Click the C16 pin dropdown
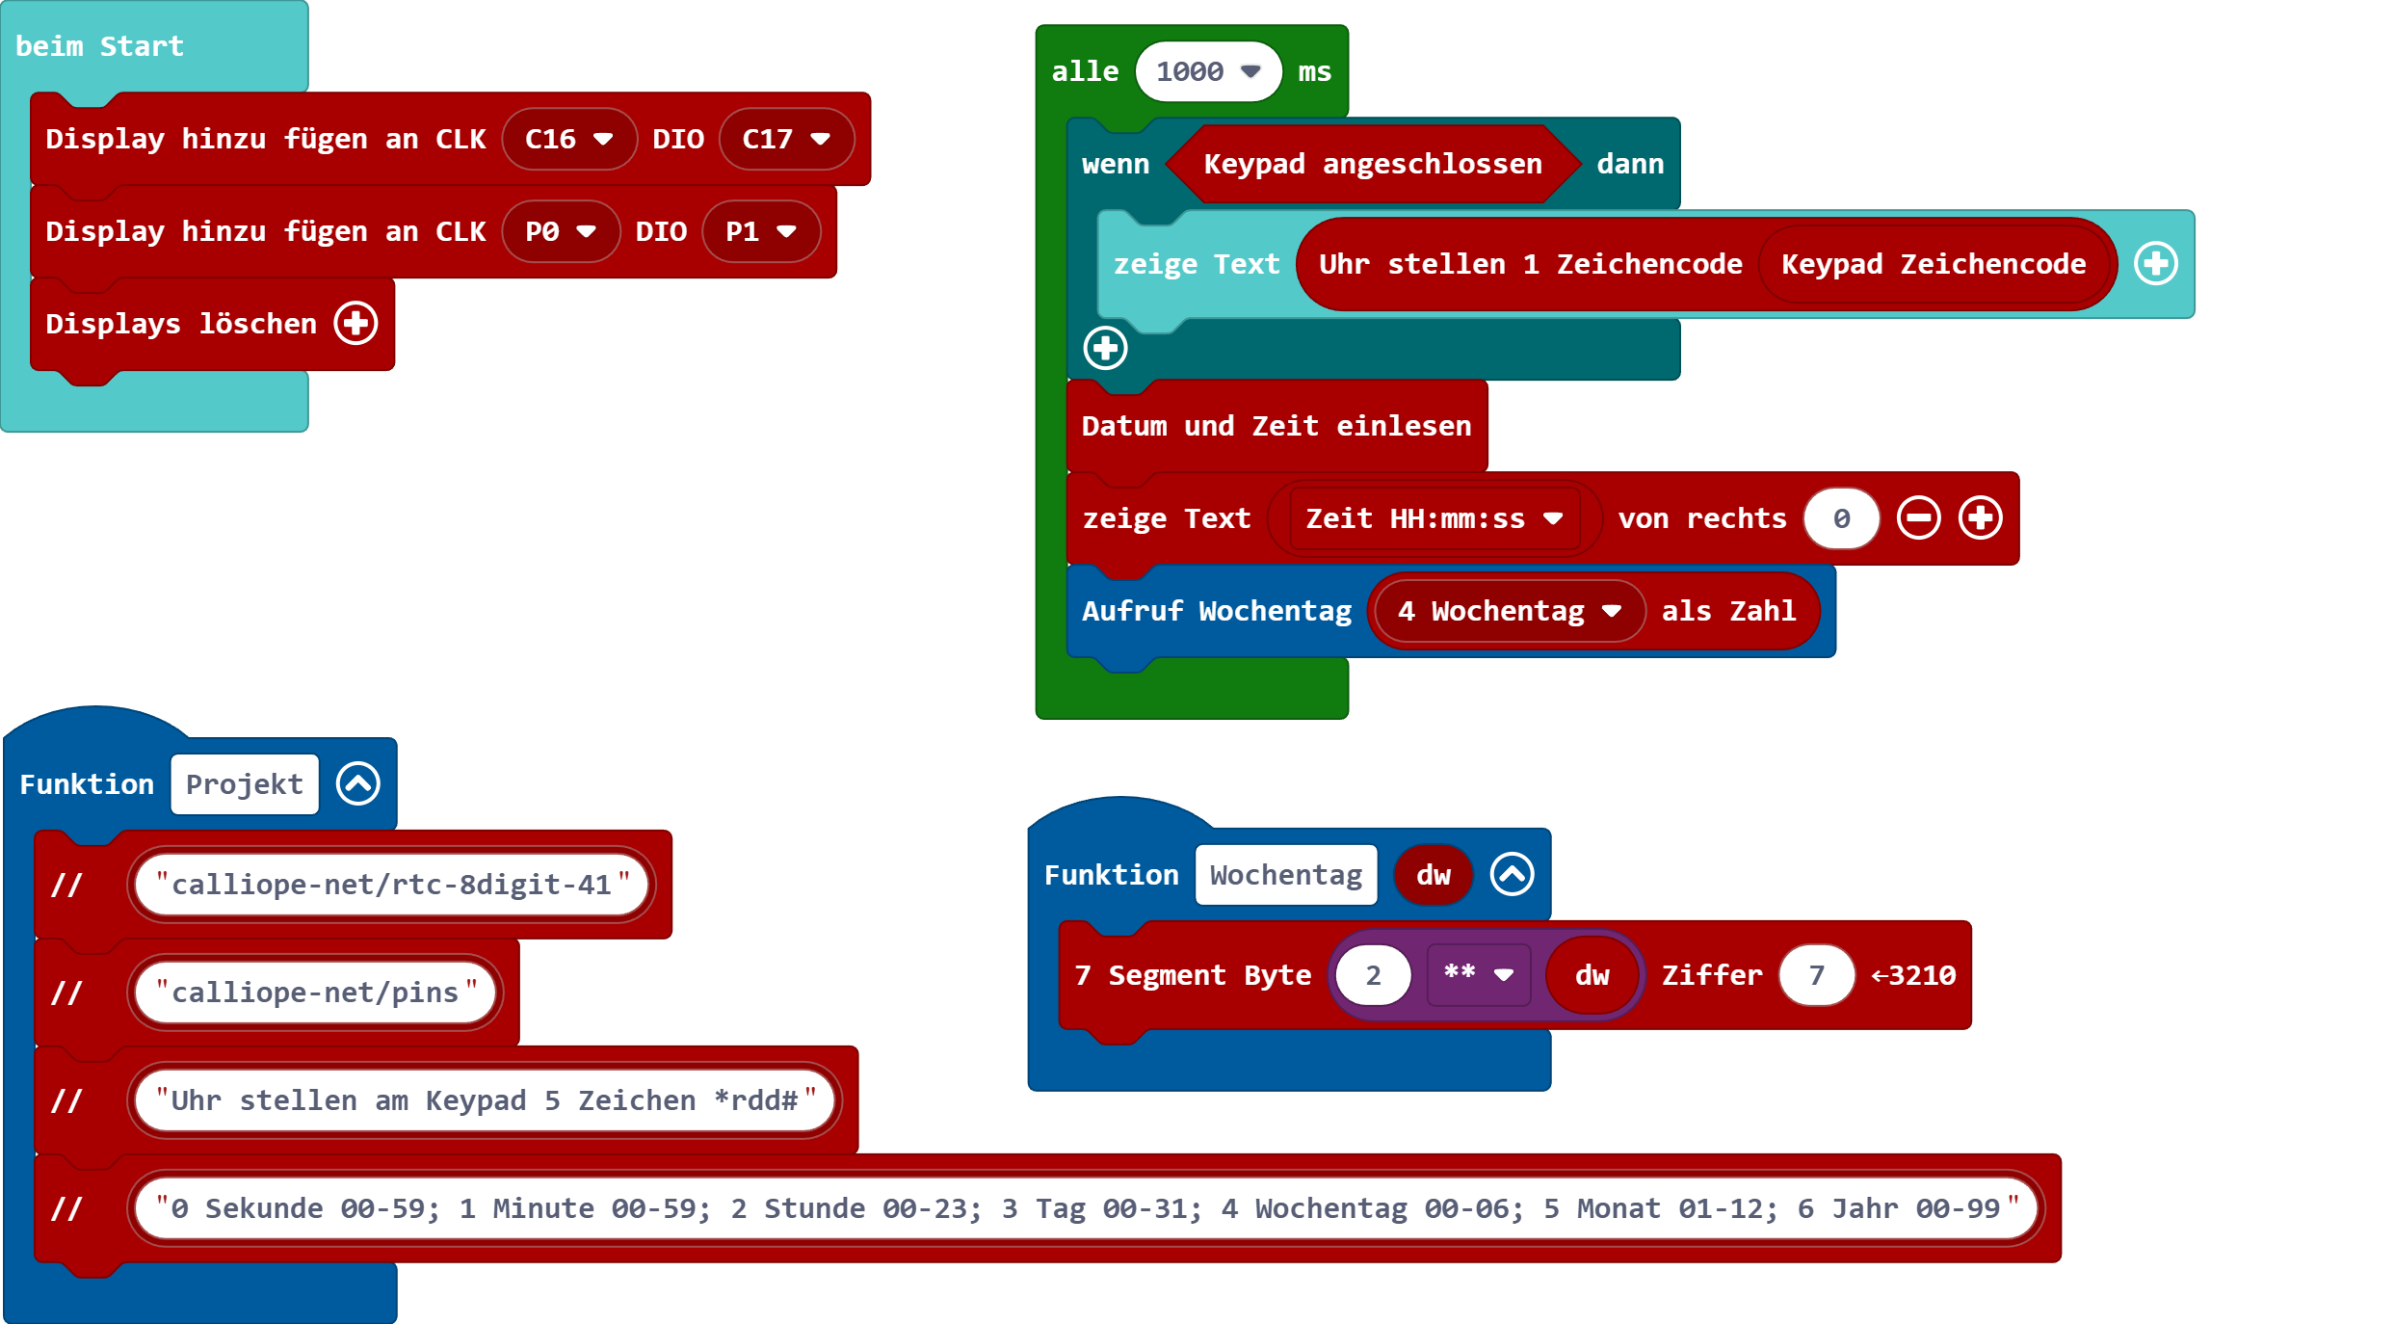(x=568, y=140)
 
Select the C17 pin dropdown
(x=786, y=140)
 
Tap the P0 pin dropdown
(x=560, y=232)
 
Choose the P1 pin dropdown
(x=760, y=232)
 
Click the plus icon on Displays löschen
(x=355, y=323)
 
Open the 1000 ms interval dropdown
(x=1208, y=72)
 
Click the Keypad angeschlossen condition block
(x=1372, y=165)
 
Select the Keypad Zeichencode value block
(x=1933, y=265)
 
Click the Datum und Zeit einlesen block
(x=1276, y=426)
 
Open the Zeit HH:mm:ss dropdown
(x=1434, y=519)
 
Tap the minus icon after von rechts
(x=1918, y=518)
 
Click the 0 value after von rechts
(x=1841, y=519)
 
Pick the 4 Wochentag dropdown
(x=1509, y=612)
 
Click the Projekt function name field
(x=245, y=784)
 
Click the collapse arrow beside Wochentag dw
(x=1512, y=875)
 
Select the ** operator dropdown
(x=1478, y=975)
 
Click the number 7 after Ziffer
(x=1816, y=976)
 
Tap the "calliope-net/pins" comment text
(x=315, y=993)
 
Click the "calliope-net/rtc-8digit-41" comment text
(x=391, y=885)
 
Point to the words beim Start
(x=99, y=46)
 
